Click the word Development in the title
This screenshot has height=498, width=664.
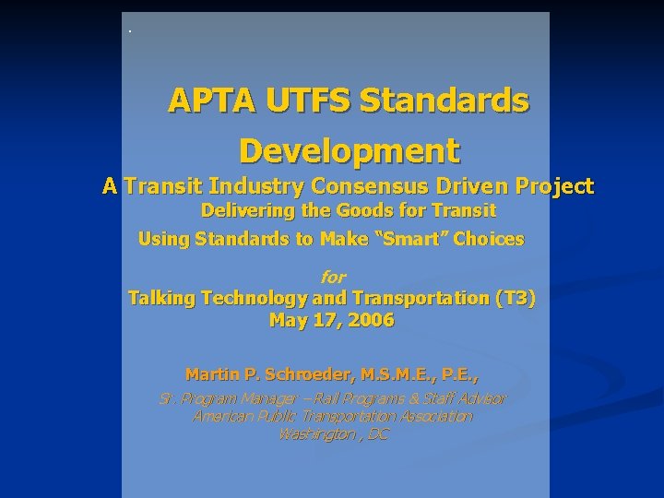[x=349, y=148]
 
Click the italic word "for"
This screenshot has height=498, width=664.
[x=332, y=277]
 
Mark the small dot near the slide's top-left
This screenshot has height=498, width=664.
[x=130, y=32]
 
